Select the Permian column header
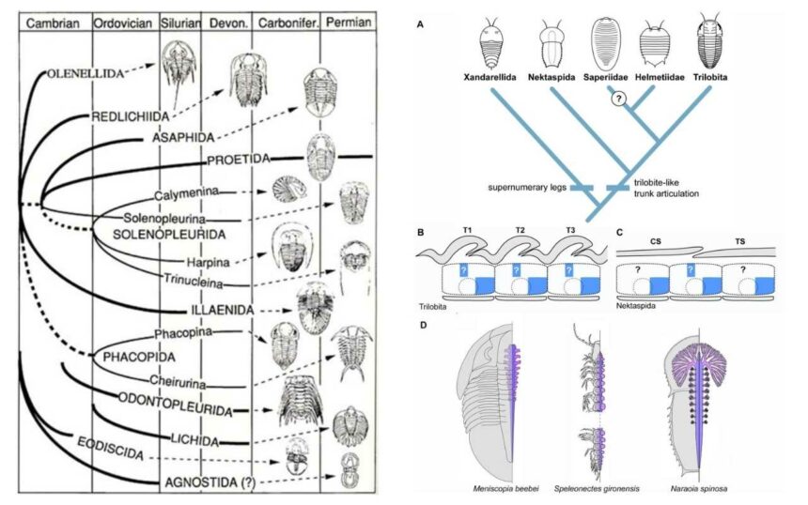[x=349, y=22]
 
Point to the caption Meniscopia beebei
[x=509, y=488]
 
